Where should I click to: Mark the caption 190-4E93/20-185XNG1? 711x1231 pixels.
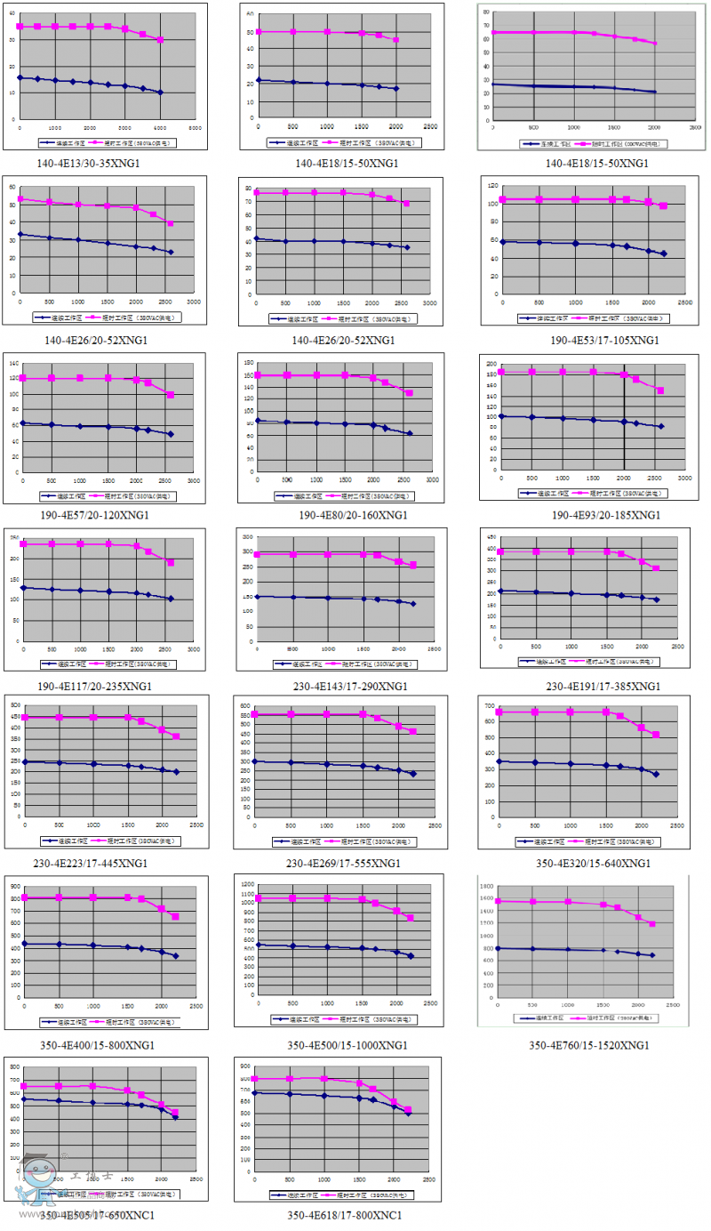(594, 515)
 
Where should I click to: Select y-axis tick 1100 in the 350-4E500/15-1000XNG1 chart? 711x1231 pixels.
(247, 884)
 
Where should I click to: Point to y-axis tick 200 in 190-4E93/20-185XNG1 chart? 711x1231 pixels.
(490, 364)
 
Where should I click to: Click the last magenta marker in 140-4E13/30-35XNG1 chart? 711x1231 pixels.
(160, 40)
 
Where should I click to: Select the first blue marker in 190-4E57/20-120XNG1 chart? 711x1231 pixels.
(22, 423)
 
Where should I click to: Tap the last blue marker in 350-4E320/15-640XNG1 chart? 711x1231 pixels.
(656, 774)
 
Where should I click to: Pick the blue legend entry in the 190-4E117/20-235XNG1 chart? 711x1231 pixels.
(58, 664)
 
